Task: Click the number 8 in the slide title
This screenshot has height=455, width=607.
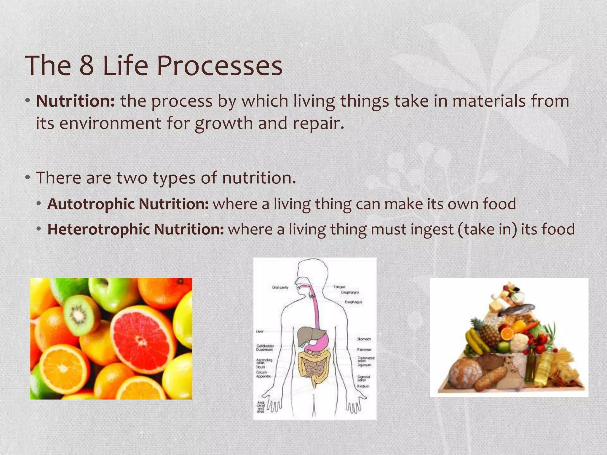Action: coord(87,66)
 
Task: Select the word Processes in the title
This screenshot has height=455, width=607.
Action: coord(219,66)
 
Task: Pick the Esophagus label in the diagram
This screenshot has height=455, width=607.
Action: coord(353,302)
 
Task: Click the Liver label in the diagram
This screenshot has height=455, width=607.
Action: coord(260,331)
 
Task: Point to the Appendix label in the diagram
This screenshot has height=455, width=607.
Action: coord(263,377)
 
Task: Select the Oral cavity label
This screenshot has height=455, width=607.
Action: coord(280,287)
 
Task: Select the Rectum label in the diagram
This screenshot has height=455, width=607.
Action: coord(363,386)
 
